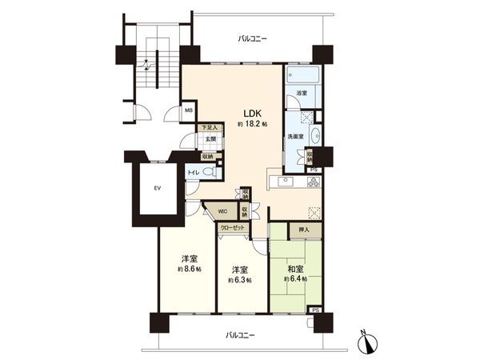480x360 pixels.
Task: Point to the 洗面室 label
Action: coord(296,136)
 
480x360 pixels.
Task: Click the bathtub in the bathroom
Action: coord(303,76)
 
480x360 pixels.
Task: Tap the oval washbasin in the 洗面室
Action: coord(315,135)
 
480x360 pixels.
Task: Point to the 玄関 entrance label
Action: coord(208,140)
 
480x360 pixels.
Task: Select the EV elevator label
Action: coord(157,189)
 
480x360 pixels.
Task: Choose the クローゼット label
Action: coord(238,227)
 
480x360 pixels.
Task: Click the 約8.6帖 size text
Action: coord(189,269)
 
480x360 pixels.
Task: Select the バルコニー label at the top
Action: coord(253,38)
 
